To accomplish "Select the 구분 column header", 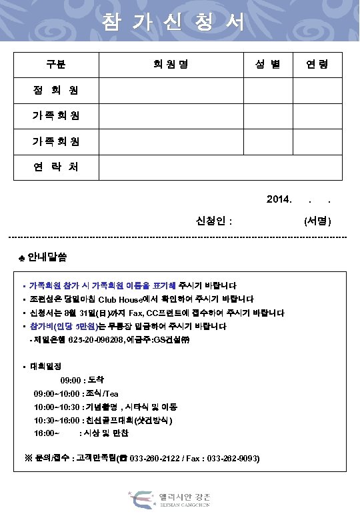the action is tap(56, 65).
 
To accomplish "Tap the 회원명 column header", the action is tap(171, 65).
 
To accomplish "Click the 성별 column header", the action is tap(267, 65).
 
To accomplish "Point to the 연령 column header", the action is tap(317, 65).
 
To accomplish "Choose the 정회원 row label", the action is tap(56, 90).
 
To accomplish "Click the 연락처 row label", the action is tap(56, 167).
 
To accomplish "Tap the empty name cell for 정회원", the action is tap(171, 90).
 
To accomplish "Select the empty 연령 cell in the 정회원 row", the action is tap(317, 90).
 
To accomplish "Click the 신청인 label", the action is tap(214, 221).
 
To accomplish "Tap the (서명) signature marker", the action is tap(317, 221).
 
